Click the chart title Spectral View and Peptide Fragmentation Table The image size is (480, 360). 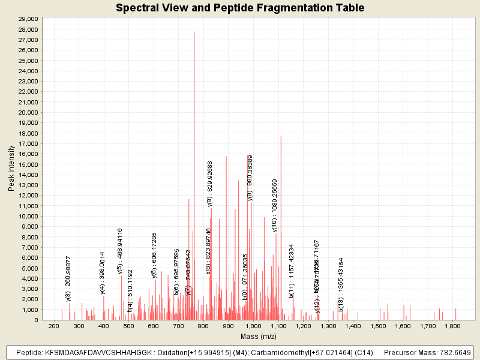[x=240, y=8]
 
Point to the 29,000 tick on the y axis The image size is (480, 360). [x=28, y=19]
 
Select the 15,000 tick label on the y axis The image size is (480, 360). [x=28, y=164]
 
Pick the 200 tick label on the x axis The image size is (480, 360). [x=53, y=326]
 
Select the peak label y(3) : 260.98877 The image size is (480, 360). [x=68, y=278]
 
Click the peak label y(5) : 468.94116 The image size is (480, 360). [x=120, y=251]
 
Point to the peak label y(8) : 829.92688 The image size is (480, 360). [x=210, y=184]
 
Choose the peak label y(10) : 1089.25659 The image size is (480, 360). [x=275, y=205]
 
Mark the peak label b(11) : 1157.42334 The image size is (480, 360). [x=292, y=271]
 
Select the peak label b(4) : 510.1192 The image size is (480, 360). [x=130, y=290]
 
